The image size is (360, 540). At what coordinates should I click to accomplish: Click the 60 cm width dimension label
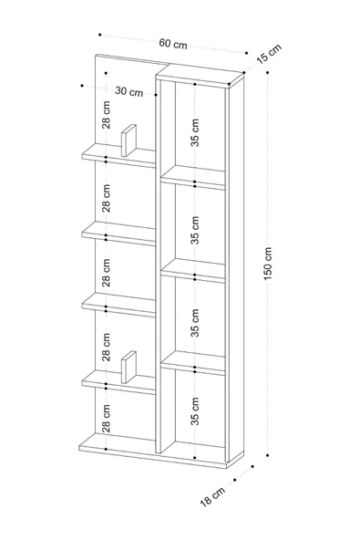173,44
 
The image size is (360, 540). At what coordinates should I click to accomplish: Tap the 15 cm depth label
269,53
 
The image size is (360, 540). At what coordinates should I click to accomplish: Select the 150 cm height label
268,264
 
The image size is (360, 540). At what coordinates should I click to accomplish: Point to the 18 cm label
212,496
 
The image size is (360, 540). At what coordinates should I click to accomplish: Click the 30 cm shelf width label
129,91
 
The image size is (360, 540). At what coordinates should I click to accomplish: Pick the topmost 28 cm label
107,115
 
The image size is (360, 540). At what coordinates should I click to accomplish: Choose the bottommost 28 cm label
107,418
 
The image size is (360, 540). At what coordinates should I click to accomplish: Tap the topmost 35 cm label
195,132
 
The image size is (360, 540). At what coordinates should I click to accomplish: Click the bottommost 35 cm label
195,410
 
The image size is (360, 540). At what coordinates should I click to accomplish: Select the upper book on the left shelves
129,140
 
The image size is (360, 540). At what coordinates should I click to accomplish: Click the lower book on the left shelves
129,367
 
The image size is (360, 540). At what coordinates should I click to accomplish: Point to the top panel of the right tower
200,75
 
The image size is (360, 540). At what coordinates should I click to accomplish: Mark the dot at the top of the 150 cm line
267,72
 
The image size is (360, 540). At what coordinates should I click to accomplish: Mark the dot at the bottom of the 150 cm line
267,455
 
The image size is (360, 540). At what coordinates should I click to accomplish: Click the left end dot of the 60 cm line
100,35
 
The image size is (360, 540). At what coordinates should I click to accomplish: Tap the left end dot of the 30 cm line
82,85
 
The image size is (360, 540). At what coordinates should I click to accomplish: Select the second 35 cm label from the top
195,230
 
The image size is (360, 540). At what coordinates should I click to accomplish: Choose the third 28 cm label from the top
107,273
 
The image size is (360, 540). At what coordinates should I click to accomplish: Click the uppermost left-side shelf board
118,156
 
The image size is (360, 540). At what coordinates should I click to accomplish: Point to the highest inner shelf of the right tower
193,177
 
